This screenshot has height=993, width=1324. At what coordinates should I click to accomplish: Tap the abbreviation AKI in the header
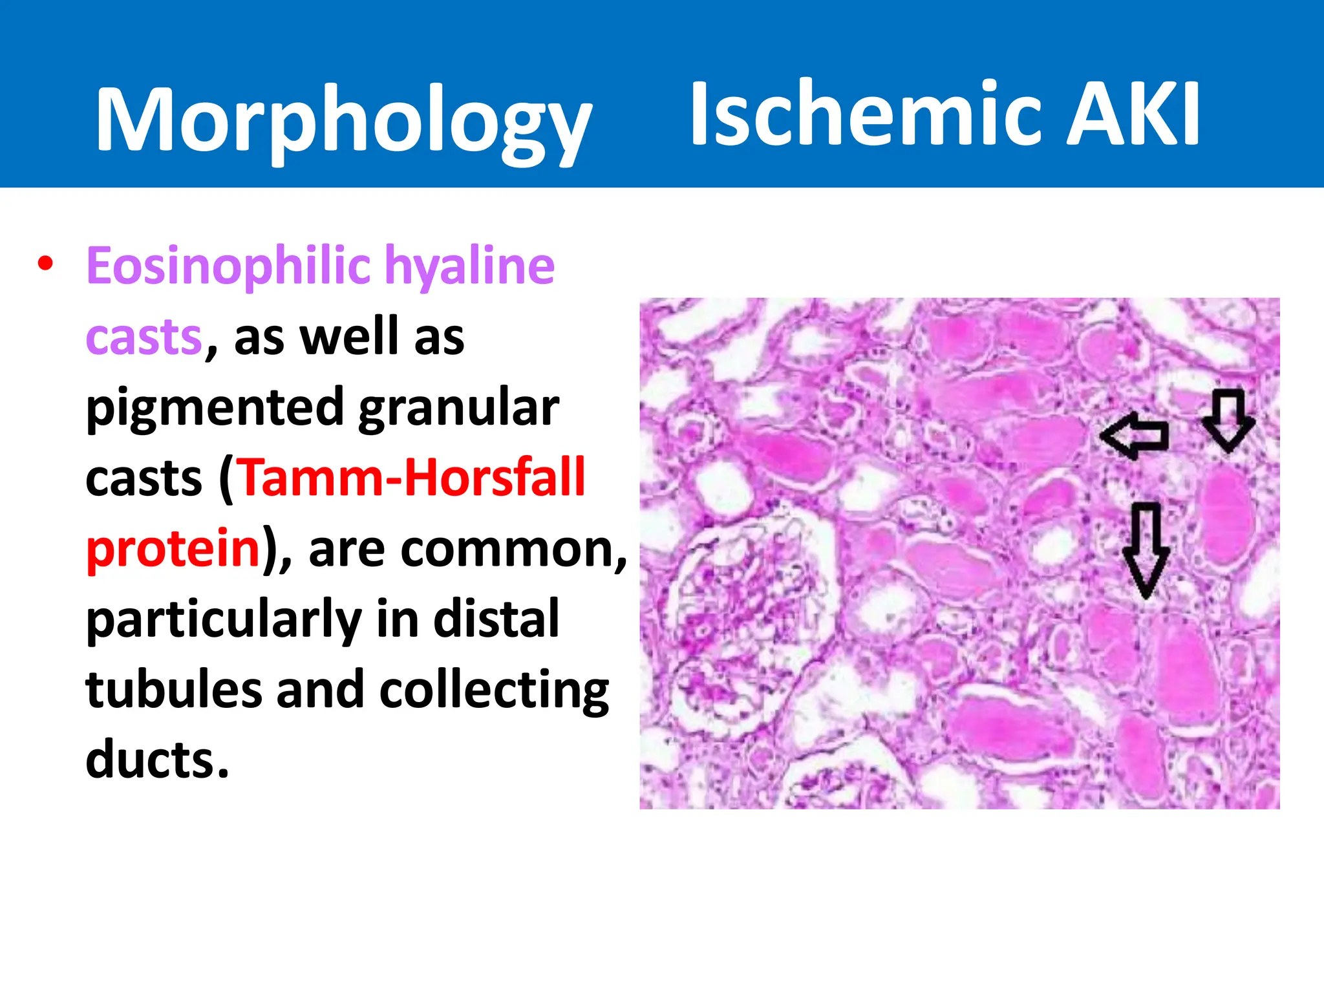1133,115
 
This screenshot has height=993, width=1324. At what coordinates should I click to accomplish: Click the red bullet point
45,264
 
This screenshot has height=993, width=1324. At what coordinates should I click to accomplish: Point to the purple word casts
144,337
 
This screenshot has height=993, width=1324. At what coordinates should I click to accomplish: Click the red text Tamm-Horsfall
412,478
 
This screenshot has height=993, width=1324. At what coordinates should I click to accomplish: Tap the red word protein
173,548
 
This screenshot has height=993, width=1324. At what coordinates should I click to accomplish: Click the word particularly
224,619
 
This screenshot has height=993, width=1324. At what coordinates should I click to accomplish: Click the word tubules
173,689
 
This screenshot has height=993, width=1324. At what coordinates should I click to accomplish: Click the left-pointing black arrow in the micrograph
1134,436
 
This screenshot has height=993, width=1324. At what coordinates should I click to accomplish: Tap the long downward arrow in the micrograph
1146,550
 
